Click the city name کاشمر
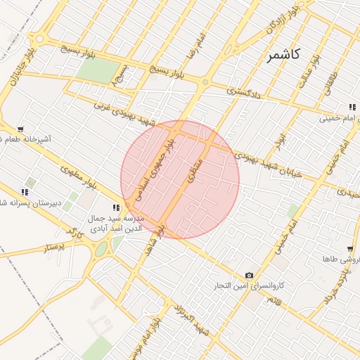(283, 54)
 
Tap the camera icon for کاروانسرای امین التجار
(249, 276)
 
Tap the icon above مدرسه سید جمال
(117, 207)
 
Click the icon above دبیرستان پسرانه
(25, 192)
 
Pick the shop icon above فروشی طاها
(349, 249)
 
